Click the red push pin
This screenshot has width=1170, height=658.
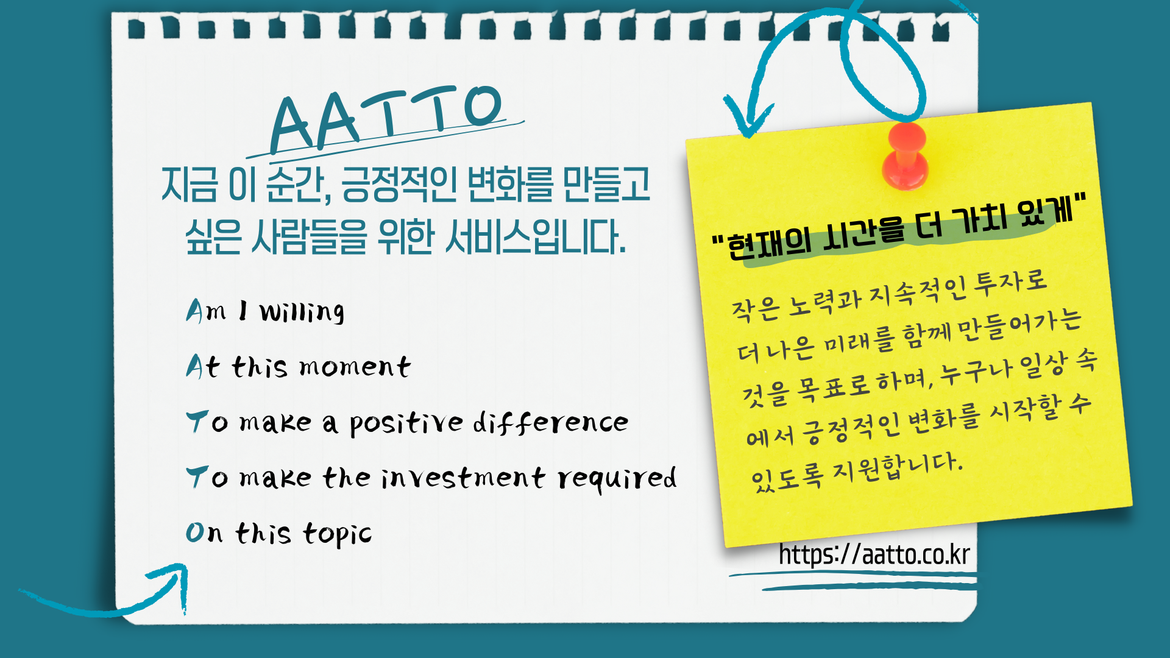(x=906, y=156)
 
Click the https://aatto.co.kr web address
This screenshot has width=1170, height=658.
(x=874, y=554)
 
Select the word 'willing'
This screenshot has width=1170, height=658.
(x=302, y=311)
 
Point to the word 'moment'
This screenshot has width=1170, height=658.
(x=355, y=367)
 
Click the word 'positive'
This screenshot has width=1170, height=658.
(x=406, y=423)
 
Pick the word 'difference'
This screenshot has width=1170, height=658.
(x=551, y=422)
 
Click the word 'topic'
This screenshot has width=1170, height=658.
(x=337, y=534)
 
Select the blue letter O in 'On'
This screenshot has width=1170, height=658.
(x=195, y=532)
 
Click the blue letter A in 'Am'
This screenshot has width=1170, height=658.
(x=194, y=311)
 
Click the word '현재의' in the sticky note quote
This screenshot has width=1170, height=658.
(x=770, y=244)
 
